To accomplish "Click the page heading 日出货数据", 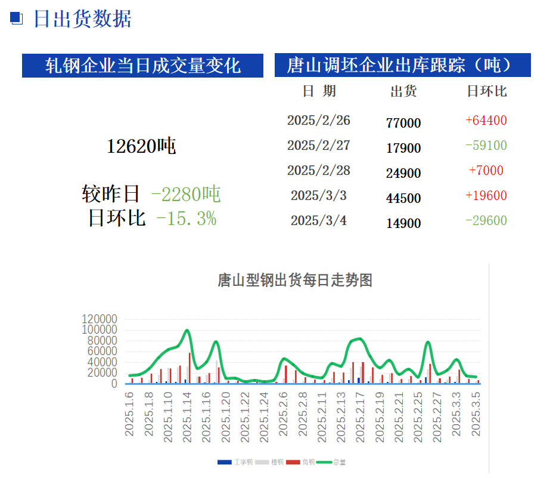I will (82, 19).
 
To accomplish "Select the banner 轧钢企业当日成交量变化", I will (143, 66).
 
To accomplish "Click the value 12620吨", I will (141, 146).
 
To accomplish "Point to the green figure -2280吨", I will (186, 194).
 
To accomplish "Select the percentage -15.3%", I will (186, 218).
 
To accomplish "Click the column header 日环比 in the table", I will (486, 91).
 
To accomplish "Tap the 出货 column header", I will (403, 91).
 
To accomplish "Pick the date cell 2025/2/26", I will (319, 121).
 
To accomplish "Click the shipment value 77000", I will (403, 123).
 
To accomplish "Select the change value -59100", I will (486, 146).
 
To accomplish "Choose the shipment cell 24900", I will (403, 173).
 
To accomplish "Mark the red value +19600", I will (486, 196).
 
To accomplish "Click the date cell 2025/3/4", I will (319, 221).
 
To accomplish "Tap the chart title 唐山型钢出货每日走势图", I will (295, 280).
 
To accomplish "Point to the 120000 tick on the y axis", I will (100, 319).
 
